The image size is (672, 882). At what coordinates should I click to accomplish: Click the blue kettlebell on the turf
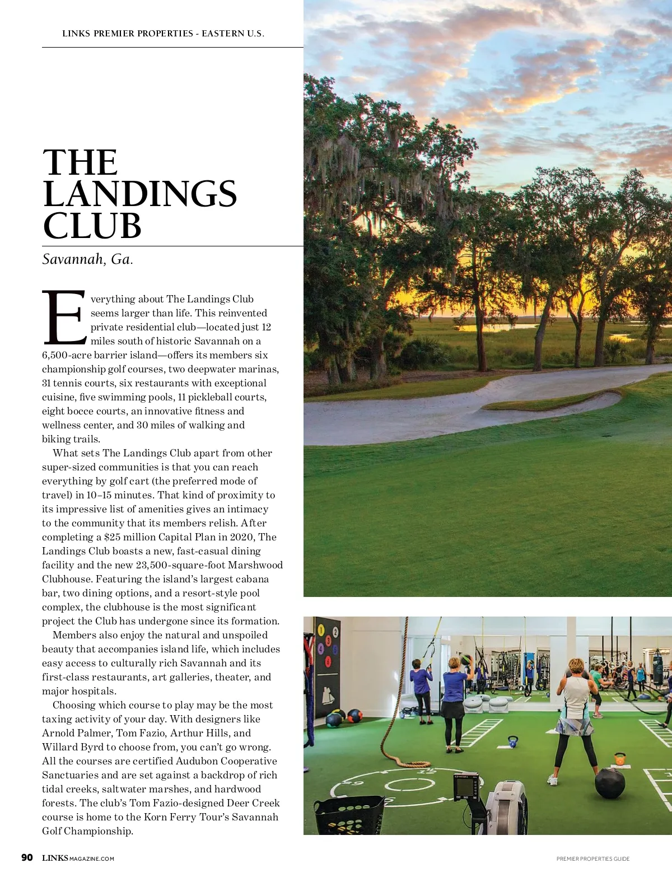tap(513, 742)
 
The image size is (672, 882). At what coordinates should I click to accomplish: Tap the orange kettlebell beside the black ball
tap(619, 759)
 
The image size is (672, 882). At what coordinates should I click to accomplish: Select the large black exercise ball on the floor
tap(609, 783)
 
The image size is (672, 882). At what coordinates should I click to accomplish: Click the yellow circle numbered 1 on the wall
tap(321, 630)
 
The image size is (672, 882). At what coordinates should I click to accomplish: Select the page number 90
tap(27, 858)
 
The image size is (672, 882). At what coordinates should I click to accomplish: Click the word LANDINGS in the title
tap(139, 194)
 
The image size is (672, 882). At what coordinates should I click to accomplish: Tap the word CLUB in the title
tap(92, 226)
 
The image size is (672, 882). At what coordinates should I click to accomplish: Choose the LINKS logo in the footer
tap(55, 858)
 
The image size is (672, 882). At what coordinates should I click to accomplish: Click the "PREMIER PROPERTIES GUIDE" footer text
tap(592, 858)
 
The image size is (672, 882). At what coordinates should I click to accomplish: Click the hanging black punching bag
tap(659, 666)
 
